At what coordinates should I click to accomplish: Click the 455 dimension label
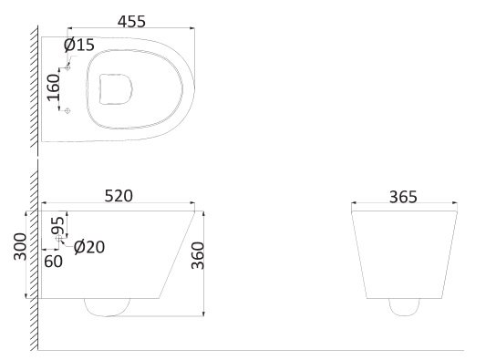(x=131, y=22)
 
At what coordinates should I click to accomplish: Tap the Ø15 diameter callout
(x=78, y=45)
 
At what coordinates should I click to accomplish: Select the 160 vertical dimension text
(x=53, y=87)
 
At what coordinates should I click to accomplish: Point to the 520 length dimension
(x=119, y=196)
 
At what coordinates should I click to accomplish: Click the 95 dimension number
(x=58, y=225)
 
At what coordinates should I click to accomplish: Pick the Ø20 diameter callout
(x=89, y=247)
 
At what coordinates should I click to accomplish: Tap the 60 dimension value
(x=53, y=262)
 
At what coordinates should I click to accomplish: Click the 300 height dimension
(x=20, y=247)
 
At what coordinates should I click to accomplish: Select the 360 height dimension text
(x=198, y=255)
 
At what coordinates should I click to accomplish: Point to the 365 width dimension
(x=403, y=197)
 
